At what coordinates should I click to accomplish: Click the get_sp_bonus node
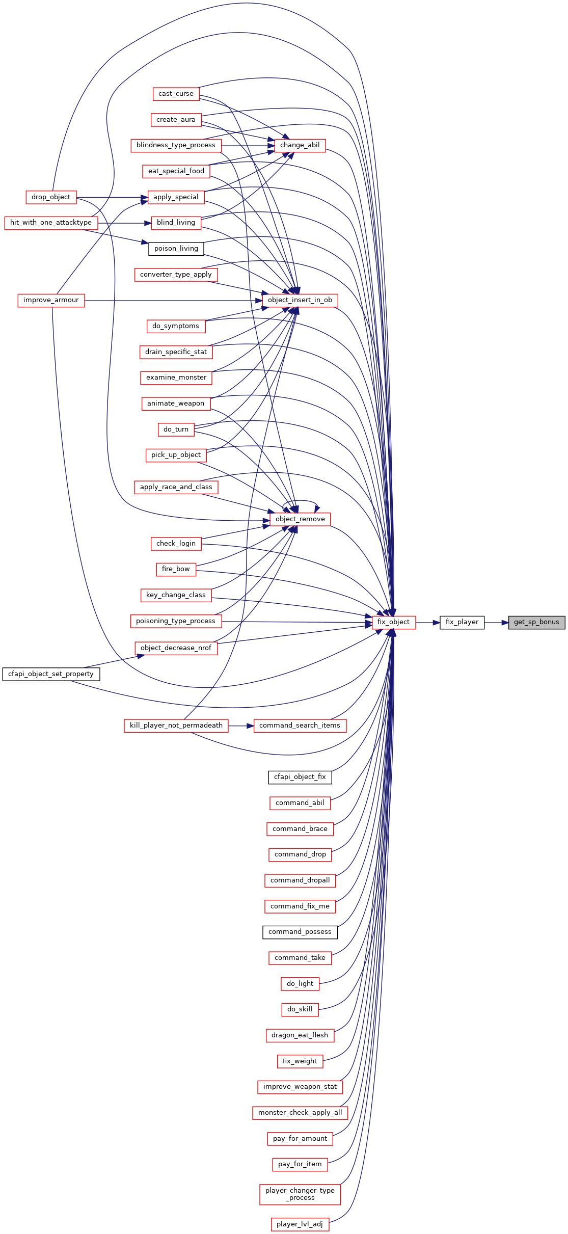click(x=536, y=622)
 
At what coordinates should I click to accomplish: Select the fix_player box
click(x=462, y=622)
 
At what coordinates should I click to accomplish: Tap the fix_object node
click(x=394, y=622)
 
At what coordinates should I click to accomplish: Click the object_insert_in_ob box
click(x=300, y=300)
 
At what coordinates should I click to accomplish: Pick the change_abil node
click(x=300, y=145)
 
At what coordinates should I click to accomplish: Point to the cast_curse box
click(x=176, y=94)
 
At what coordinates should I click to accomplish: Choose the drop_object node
click(x=51, y=197)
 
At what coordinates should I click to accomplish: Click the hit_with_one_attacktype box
click(x=51, y=223)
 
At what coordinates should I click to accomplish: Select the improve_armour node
click(x=51, y=300)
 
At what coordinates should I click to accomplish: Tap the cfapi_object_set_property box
click(x=51, y=674)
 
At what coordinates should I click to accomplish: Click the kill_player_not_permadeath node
click(x=176, y=726)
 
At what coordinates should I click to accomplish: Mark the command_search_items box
click(x=300, y=726)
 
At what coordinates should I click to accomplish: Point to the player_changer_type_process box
click(x=300, y=1194)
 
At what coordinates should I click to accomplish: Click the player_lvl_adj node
click(x=300, y=1224)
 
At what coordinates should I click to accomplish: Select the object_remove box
click(x=300, y=519)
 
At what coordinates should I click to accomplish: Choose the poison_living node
click(x=176, y=249)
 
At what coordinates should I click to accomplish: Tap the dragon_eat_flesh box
click(x=300, y=1035)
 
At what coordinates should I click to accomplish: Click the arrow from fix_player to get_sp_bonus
click(x=496, y=622)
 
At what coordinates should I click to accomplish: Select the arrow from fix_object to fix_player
click(x=428, y=622)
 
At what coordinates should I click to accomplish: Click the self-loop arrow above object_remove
click(x=300, y=501)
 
